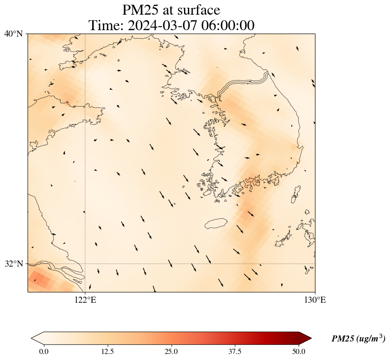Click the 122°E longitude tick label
(85, 300)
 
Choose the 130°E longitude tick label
(315, 300)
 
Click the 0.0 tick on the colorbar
(44, 351)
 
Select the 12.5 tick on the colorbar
(107, 351)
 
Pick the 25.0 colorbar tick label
(171, 351)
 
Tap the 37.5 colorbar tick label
(235, 351)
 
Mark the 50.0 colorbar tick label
(299, 351)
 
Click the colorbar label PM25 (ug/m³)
(358, 339)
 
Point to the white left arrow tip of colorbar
(34, 338)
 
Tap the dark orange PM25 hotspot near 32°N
(41, 280)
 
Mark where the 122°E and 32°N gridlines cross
(85, 264)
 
